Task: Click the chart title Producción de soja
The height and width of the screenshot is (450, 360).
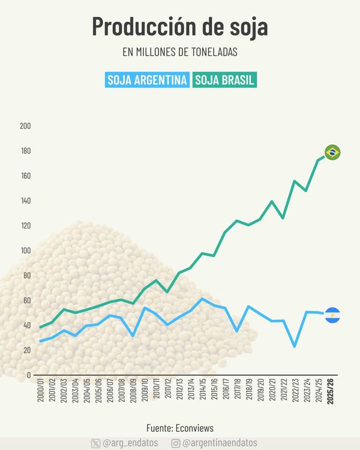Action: tap(180, 27)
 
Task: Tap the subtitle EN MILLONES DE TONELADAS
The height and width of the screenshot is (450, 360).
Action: tap(180, 52)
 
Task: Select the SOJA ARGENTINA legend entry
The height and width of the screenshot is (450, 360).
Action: tap(147, 80)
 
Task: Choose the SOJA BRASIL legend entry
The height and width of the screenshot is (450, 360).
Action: tap(225, 80)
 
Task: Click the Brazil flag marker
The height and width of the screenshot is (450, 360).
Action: tap(332, 152)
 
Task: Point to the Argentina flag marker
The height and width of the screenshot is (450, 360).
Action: tap(332, 314)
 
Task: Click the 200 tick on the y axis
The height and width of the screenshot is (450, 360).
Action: tap(25, 126)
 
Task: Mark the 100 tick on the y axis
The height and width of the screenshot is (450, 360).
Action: tap(25, 251)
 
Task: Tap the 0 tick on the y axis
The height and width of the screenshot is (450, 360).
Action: tap(28, 376)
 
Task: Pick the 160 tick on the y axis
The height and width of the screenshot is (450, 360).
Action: tap(25, 176)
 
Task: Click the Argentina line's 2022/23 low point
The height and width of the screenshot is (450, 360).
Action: tap(295, 346)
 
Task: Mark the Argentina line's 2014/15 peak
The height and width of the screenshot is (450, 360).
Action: tap(202, 299)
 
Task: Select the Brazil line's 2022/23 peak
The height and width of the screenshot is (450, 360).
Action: tap(295, 181)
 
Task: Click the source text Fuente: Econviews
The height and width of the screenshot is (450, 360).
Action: tap(180, 428)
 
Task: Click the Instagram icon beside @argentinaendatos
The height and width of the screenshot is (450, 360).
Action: tap(176, 443)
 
